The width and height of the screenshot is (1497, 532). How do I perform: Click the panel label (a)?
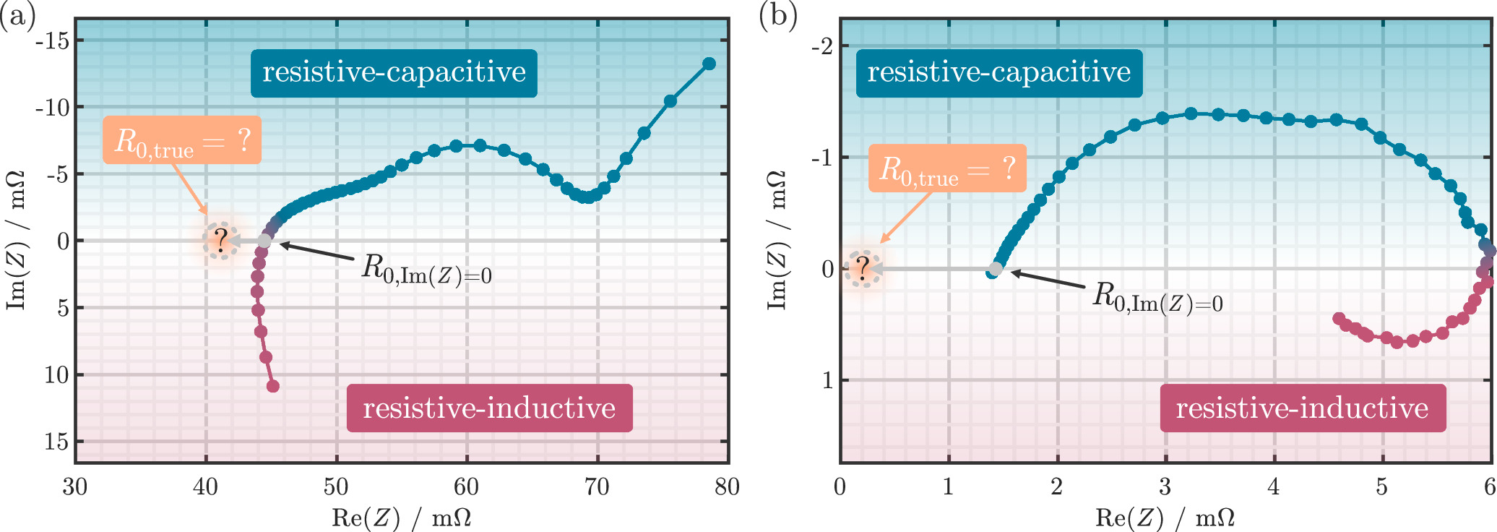[17, 16]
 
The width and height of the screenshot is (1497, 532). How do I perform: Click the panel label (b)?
[778, 16]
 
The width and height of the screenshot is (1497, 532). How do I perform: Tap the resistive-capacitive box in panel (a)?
[394, 73]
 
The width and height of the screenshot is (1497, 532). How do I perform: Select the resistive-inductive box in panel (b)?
[1302, 408]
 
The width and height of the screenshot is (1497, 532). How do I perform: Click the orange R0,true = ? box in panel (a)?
[182, 140]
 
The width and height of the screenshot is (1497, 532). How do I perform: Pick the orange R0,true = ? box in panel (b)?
[946, 168]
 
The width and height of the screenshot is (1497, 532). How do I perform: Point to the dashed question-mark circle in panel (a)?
[220, 241]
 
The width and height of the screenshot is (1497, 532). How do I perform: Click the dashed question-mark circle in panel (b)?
[863, 270]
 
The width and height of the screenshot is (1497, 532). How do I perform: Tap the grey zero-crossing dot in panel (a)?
[264, 241]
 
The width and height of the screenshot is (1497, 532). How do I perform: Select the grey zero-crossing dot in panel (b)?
[996, 270]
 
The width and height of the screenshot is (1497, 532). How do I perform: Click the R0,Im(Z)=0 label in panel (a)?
[426, 269]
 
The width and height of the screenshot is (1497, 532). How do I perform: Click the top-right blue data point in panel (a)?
[709, 64]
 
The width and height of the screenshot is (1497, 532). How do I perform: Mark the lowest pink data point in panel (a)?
[273, 386]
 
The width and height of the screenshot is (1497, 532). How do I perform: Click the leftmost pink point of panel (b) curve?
[1339, 319]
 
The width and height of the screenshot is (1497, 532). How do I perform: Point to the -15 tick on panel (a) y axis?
[53, 41]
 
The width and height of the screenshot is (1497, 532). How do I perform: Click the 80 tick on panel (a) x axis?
[727, 487]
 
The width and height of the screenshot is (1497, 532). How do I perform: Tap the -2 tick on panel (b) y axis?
[821, 47]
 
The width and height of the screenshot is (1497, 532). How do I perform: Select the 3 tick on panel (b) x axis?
[1165, 487]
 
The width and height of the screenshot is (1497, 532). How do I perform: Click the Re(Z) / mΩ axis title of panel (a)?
[401, 518]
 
